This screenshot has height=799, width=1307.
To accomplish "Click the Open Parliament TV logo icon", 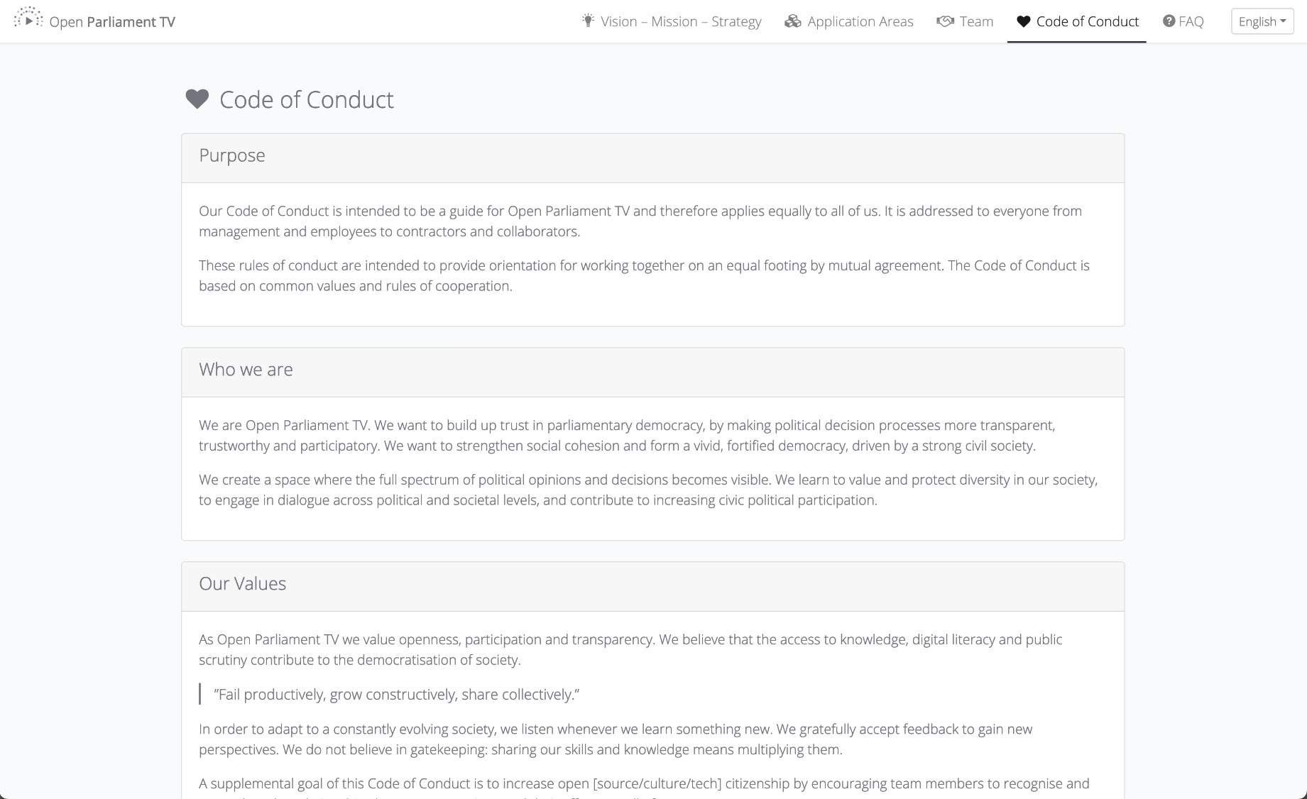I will click(x=28, y=18).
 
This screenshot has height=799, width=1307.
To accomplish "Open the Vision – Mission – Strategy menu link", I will click(x=680, y=21).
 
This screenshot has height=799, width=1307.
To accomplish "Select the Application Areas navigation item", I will click(x=860, y=21).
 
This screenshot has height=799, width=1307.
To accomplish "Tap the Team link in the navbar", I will click(x=976, y=21).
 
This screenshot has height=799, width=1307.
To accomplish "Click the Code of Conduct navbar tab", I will click(x=1087, y=21).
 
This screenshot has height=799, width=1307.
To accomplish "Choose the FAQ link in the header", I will click(x=1191, y=21).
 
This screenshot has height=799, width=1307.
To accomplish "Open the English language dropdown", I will click(x=1262, y=21).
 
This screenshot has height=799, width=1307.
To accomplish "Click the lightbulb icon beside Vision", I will click(x=588, y=21).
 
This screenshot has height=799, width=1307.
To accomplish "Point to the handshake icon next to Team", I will click(x=945, y=21).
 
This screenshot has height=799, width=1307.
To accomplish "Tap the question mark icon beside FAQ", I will click(x=1169, y=21).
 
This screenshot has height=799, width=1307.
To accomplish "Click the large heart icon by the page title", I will click(x=197, y=99).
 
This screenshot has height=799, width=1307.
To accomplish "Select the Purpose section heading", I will click(x=232, y=155).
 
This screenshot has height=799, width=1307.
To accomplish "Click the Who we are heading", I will click(x=246, y=370).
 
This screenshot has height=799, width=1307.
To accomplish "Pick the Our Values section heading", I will click(x=242, y=584).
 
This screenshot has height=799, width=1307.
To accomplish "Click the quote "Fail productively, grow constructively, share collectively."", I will click(x=396, y=695).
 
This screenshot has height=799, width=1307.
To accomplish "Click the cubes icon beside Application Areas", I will click(x=792, y=21).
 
